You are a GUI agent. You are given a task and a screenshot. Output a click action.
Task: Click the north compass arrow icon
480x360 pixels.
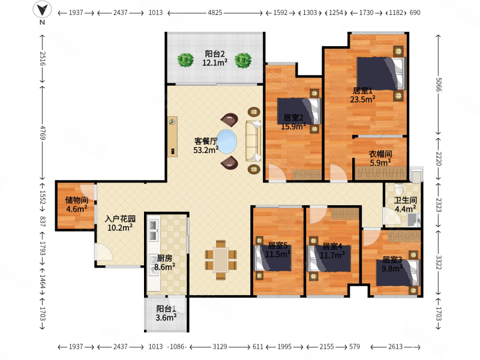click(42, 9)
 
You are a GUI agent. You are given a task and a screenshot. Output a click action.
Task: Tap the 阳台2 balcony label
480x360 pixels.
click(215, 54)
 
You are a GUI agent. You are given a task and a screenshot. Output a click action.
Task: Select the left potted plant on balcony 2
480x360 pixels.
click(185, 59)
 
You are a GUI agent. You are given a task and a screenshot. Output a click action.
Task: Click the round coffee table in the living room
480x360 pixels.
click(227, 142)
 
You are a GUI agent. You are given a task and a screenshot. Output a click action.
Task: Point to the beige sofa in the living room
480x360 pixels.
click(253, 141)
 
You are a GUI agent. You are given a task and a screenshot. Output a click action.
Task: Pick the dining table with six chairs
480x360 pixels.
click(221, 260)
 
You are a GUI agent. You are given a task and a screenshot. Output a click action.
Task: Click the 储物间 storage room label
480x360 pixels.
click(77, 200)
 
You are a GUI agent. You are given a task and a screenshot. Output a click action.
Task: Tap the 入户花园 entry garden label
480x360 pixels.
click(120, 219)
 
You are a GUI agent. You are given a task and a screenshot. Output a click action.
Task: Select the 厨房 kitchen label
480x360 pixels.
click(164, 259)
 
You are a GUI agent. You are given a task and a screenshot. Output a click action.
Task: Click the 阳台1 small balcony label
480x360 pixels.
click(166, 308)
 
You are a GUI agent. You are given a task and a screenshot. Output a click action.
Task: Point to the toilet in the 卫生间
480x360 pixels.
click(399, 188)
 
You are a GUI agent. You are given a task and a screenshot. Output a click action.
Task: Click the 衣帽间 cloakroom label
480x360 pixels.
click(380, 154)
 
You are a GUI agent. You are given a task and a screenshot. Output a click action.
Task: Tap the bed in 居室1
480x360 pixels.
click(380, 73)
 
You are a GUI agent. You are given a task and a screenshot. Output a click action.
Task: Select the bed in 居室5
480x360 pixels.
click(274, 258)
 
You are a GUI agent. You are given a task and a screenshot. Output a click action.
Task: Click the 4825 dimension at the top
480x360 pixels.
click(215, 13)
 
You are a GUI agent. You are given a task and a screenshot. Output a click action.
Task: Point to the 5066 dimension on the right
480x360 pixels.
click(438, 85)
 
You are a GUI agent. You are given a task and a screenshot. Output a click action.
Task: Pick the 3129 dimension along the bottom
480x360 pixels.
click(220, 347)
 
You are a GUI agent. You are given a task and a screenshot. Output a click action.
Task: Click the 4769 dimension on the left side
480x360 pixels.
click(42, 133)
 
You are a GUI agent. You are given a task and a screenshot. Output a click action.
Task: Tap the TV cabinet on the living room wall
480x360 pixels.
click(172, 137)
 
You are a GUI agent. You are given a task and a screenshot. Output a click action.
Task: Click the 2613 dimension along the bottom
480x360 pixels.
click(395, 347)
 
